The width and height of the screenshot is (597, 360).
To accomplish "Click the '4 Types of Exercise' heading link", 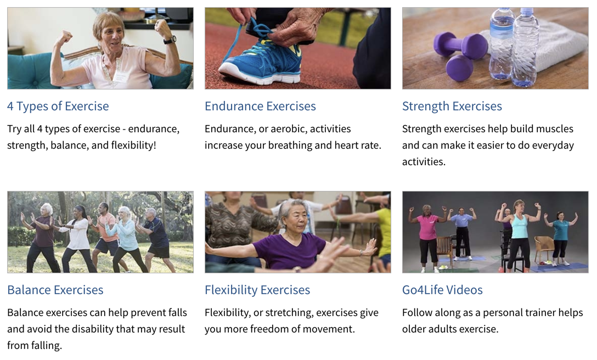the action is (58, 106).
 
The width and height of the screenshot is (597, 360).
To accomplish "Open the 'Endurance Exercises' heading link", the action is (260, 106).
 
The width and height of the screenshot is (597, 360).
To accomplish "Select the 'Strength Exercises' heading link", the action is (452, 106).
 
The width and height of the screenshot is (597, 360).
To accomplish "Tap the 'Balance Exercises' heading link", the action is (55, 290).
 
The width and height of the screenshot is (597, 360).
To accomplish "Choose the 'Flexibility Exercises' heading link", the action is (257, 290).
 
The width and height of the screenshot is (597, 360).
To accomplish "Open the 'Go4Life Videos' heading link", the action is (442, 290).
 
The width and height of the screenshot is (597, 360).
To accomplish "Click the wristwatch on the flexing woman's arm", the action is (170, 40).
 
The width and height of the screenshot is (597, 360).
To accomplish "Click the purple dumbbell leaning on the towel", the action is (461, 47).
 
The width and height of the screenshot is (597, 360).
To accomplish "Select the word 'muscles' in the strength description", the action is (554, 129).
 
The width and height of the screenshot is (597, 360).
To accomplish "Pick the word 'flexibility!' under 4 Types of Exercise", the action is (134, 145).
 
